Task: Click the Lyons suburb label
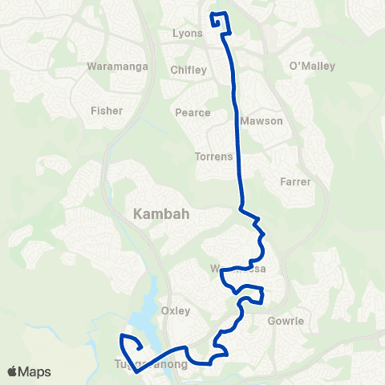tap(188, 34)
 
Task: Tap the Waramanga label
tap(119, 67)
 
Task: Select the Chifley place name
tap(188, 70)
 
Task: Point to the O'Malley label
tap(305, 65)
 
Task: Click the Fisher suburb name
tap(107, 111)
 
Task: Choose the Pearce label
tap(192, 113)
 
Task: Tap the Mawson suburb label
tap(265, 121)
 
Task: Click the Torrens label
tap(213, 156)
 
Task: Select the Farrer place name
tap(295, 182)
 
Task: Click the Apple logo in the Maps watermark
tap(13, 371)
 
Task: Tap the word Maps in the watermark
tap(35, 371)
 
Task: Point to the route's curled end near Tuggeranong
tap(129, 345)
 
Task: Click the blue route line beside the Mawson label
tap(240, 121)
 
